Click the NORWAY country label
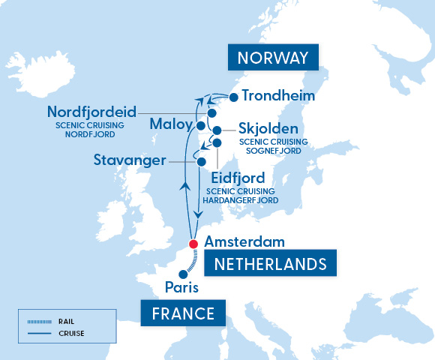point(274,58)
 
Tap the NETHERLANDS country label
point(271,264)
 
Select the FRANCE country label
point(183,312)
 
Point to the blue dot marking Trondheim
point(234,97)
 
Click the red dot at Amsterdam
point(195,243)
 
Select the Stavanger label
point(130,160)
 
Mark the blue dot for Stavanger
point(201,161)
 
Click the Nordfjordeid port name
point(91,112)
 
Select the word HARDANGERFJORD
point(242,201)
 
